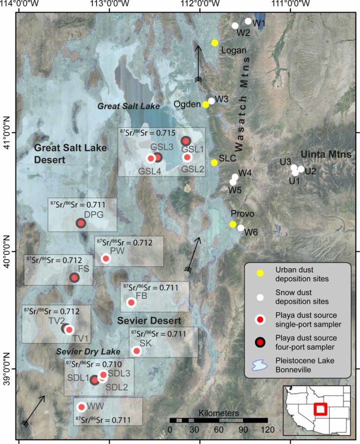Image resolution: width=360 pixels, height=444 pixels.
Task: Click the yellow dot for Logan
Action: (x=215, y=43)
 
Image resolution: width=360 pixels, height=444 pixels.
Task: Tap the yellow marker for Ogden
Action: (x=206, y=104)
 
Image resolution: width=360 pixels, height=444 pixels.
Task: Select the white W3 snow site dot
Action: (x=211, y=101)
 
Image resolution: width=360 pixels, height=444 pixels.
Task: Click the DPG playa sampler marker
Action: (x=81, y=223)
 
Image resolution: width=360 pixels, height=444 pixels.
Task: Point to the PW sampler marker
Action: (x=106, y=259)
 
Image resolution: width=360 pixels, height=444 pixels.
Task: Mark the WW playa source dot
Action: (x=82, y=407)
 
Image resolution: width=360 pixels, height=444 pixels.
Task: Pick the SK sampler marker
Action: (x=136, y=351)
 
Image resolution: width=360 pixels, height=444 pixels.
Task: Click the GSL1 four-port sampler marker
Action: (x=185, y=141)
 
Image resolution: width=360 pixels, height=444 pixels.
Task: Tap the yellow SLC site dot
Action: (x=214, y=163)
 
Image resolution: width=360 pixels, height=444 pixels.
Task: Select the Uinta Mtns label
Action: (x=327, y=154)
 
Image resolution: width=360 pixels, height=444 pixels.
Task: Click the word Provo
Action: (x=242, y=214)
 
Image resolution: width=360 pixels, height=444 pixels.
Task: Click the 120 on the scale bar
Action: (x=267, y=429)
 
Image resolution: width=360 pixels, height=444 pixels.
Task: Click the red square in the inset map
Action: (x=321, y=409)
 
